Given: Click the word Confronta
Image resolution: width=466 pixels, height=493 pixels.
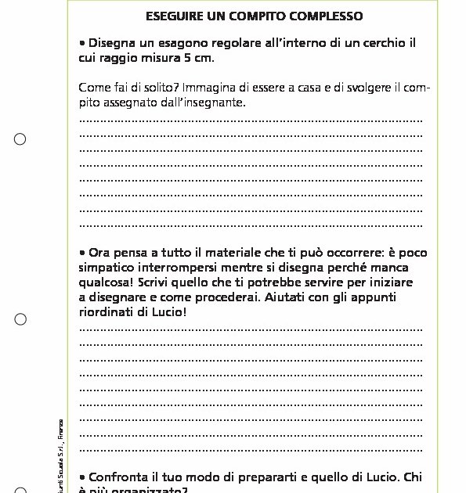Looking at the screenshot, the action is [121, 476].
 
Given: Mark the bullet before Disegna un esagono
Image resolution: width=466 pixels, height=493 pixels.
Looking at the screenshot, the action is [82, 43].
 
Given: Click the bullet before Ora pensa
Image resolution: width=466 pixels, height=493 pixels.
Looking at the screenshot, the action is [82, 253].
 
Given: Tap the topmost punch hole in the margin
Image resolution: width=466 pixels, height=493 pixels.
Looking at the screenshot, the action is [20, 139].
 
